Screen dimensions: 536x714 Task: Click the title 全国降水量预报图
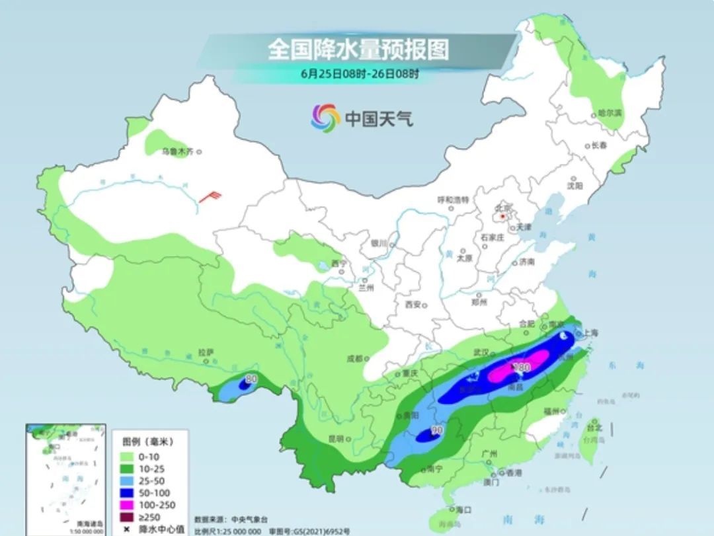point(358,50)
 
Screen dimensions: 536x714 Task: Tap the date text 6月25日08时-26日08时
point(359,74)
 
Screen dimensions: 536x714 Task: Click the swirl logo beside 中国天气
point(325,118)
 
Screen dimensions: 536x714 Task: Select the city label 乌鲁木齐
point(178,151)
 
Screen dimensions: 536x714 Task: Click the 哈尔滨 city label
point(610,113)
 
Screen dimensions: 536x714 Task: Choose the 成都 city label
point(355,359)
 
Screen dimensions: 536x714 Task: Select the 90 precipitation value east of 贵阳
point(436,430)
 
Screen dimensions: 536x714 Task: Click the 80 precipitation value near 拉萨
point(251,379)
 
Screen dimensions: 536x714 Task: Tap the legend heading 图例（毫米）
point(151,441)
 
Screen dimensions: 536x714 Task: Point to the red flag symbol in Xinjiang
point(212,196)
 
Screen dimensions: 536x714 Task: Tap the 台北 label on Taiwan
point(594,428)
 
